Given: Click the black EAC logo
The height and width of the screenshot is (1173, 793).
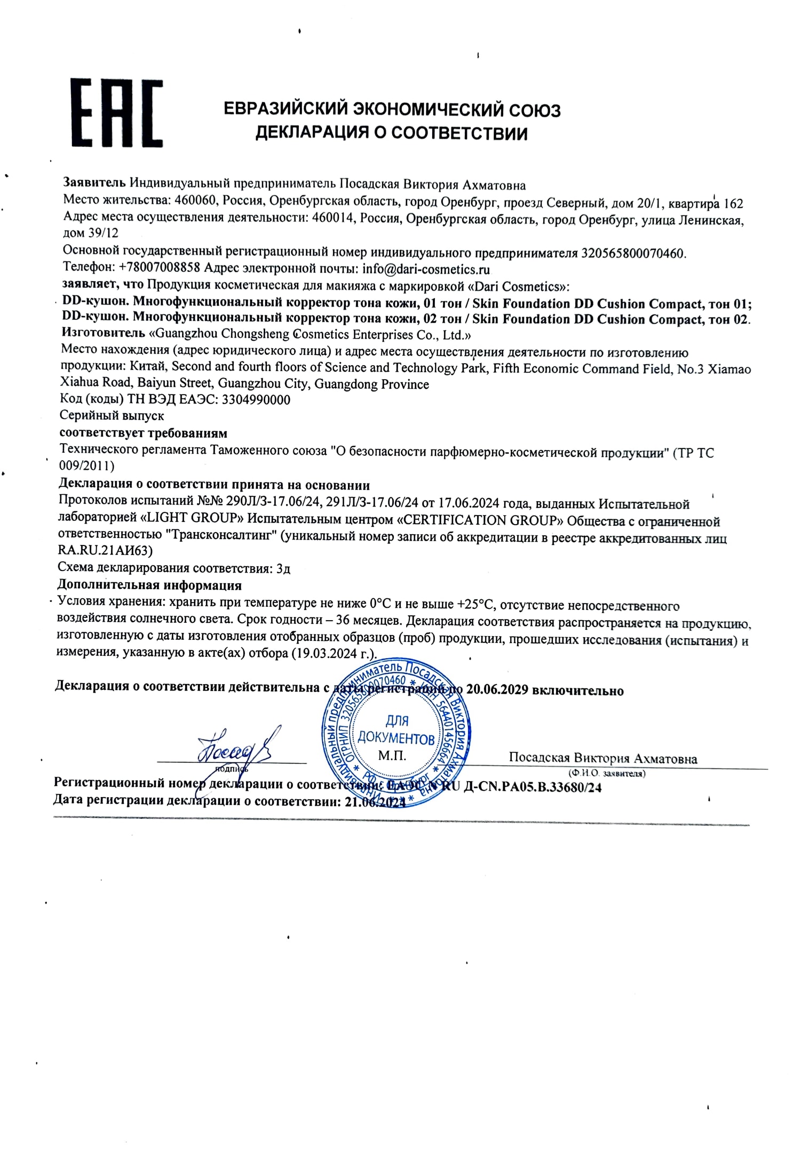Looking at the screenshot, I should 117,113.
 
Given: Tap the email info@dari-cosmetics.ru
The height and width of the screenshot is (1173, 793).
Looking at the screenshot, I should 426,269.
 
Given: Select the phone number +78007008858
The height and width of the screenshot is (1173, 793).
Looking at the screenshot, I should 160,267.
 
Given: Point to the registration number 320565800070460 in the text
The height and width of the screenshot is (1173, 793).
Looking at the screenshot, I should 632,253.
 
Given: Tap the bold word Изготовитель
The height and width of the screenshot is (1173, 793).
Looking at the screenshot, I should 103,333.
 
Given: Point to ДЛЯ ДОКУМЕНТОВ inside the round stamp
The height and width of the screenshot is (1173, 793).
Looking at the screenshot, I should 395,730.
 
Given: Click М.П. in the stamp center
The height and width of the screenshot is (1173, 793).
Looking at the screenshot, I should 392,756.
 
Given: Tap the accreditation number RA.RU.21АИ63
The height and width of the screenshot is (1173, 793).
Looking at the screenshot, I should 105,551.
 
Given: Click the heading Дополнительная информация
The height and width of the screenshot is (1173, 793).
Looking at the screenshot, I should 149,585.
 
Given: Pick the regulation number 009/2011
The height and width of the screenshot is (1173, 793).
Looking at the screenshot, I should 85,465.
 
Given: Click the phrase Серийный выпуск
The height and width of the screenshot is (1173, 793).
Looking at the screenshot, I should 112,415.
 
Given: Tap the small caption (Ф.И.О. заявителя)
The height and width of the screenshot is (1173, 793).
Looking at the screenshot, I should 607,773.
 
